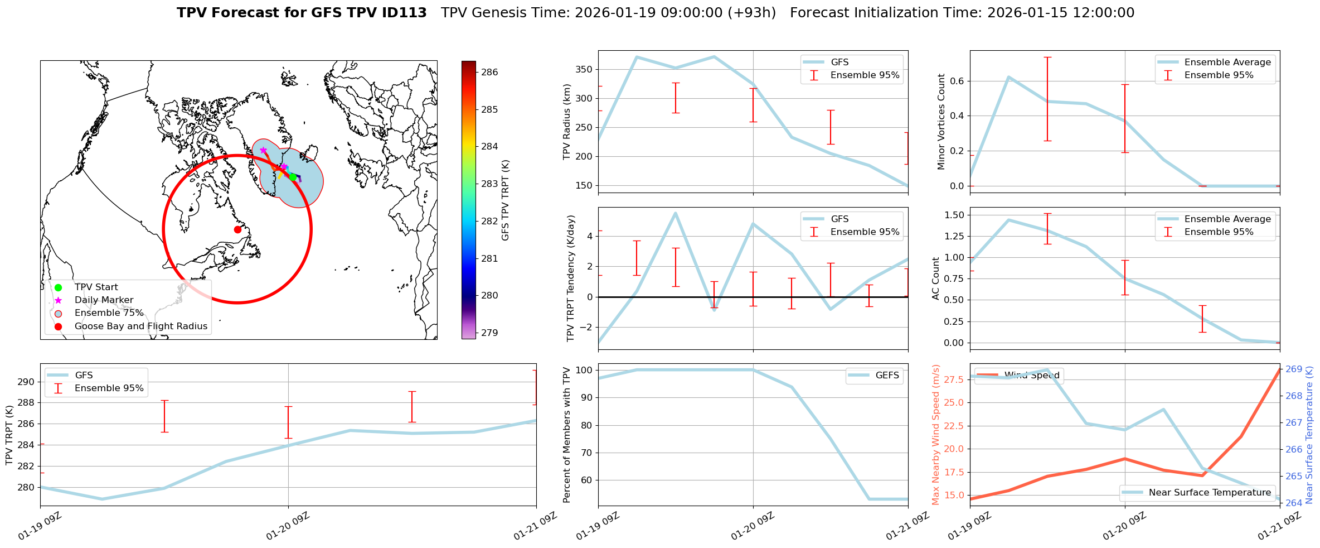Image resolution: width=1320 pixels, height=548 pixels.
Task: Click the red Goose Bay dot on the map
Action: [x=237, y=229]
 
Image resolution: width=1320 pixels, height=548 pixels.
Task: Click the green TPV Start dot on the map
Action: [x=293, y=177]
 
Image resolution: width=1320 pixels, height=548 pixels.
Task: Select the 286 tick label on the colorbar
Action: [x=489, y=72]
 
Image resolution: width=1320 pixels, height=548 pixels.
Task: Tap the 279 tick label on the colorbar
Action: [x=489, y=333]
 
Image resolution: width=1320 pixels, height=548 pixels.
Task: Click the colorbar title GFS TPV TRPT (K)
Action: [x=506, y=200]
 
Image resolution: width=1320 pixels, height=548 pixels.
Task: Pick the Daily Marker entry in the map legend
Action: [x=104, y=300]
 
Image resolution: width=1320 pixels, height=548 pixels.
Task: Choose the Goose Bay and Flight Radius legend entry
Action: [x=140, y=326]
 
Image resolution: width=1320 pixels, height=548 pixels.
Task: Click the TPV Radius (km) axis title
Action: [x=567, y=122]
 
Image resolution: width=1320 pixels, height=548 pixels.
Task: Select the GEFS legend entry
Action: [x=887, y=376]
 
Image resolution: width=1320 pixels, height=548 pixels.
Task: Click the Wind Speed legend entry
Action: [x=1031, y=376]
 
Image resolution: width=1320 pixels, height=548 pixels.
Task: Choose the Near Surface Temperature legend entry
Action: [x=1209, y=493]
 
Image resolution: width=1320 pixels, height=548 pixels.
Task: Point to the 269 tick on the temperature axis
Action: [x=1293, y=369]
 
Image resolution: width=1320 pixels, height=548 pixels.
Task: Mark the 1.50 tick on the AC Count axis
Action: [x=954, y=215]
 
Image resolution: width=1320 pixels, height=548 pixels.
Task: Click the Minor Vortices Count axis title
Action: [x=942, y=122]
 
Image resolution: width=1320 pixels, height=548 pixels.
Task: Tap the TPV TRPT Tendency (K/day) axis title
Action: [x=570, y=278]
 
